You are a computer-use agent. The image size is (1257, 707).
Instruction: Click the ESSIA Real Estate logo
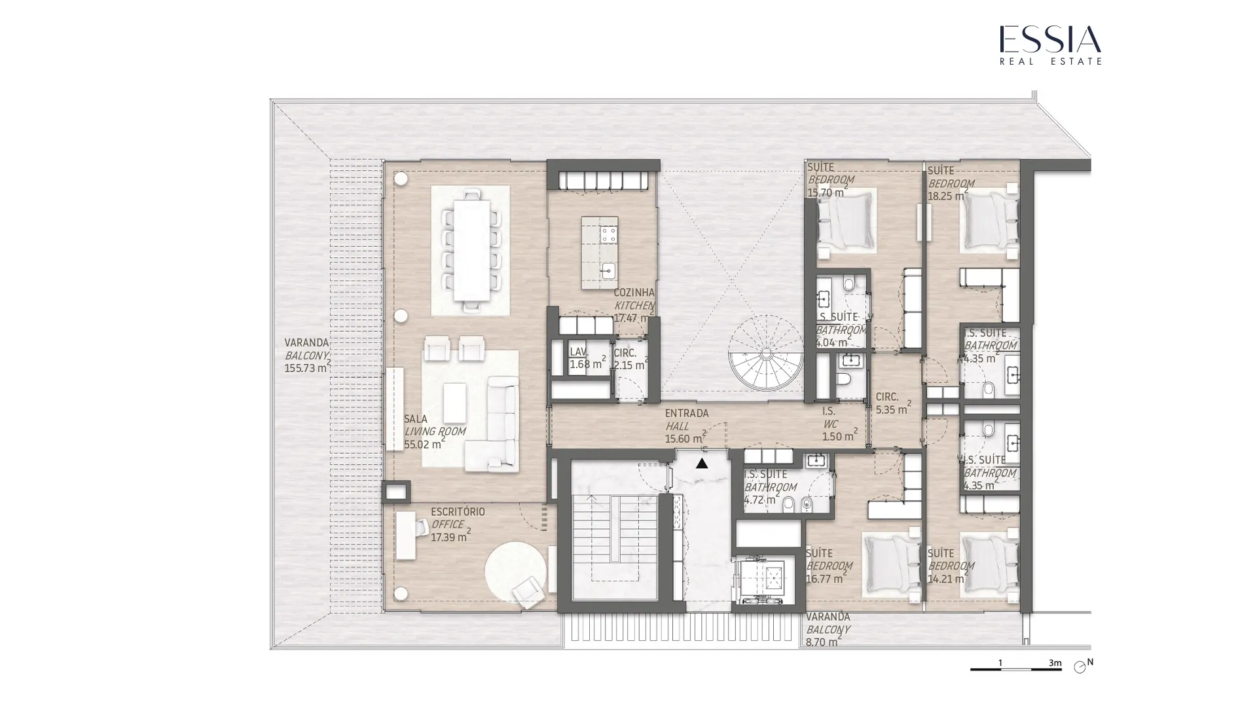(1050, 45)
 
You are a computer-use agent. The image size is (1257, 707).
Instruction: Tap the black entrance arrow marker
(702, 463)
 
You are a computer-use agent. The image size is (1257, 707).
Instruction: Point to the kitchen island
(600, 253)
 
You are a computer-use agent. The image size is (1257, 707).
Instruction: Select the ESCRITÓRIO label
(458, 512)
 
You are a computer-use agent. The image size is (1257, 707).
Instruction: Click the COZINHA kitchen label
(634, 293)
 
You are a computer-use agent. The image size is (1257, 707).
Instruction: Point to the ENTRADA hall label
(687, 414)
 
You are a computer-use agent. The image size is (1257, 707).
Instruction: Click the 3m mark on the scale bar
(1055, 663)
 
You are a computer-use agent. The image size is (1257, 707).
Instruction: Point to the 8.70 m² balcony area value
(823, 643)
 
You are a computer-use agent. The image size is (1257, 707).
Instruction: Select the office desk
(406, 535)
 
